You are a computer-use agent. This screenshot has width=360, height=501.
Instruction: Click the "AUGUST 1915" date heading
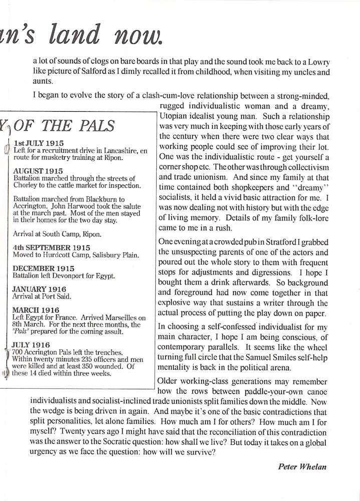click(38, 171)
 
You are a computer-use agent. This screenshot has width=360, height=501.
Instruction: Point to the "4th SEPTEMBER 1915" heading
click(48, 247)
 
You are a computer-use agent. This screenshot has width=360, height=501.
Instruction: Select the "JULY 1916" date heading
click(34, 345)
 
